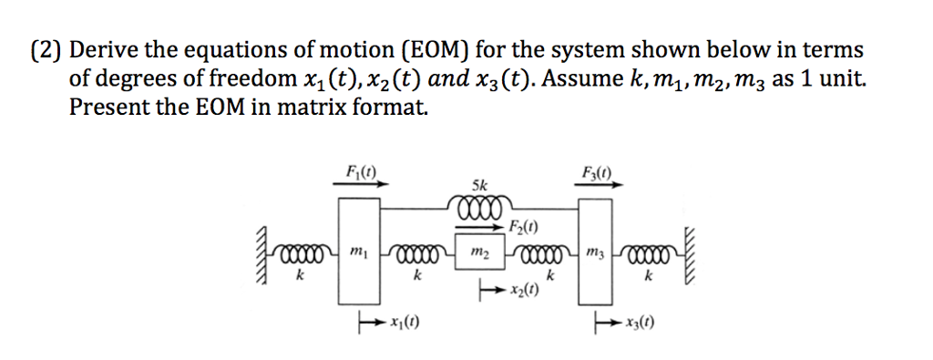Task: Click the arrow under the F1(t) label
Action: click(x=363, y=182)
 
